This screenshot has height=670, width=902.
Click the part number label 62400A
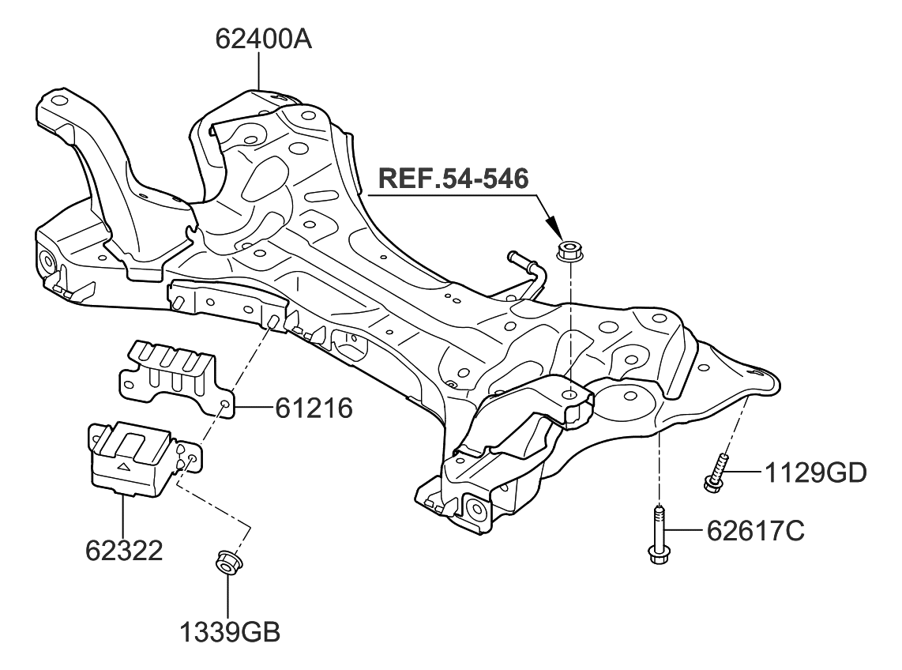tap(264, 39)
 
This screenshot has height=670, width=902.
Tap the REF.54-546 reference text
tap(453, 179)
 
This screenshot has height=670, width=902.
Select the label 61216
tap(314, 408)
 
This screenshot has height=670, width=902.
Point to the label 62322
tap(125, 550)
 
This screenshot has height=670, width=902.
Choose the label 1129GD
tap(814, 473)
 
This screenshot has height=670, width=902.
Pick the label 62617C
tap(751, 531)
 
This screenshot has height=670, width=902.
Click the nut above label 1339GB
tap(229, 563)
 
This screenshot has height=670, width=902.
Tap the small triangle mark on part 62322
tap(123, 468)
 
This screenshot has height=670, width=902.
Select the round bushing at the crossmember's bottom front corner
tap(476, 510)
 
